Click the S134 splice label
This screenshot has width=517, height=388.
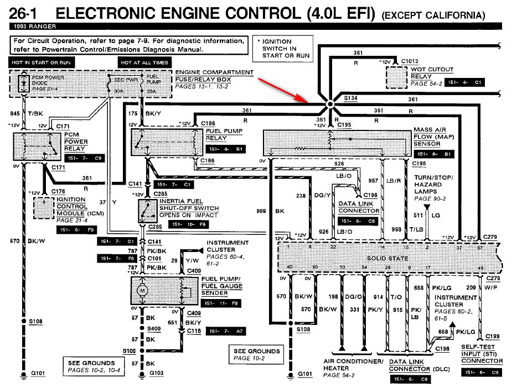click(351, 98)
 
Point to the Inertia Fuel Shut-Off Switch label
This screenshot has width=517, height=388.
click(189, 208)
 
